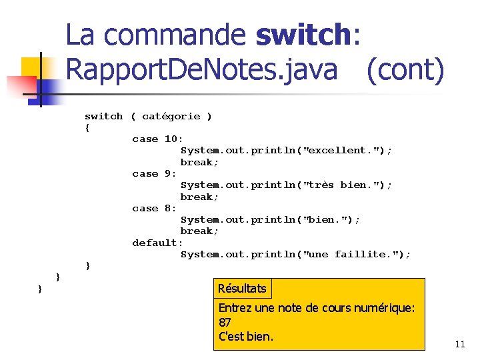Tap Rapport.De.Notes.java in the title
202,70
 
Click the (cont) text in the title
405,70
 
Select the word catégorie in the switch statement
171,116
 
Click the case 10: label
155,139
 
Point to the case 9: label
155,173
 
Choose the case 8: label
155,208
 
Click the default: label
157,243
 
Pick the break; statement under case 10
199,162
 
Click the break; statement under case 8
199,231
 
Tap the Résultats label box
242,289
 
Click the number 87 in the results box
225,323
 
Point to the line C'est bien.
246,337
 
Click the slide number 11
459,345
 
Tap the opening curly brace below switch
87,127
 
